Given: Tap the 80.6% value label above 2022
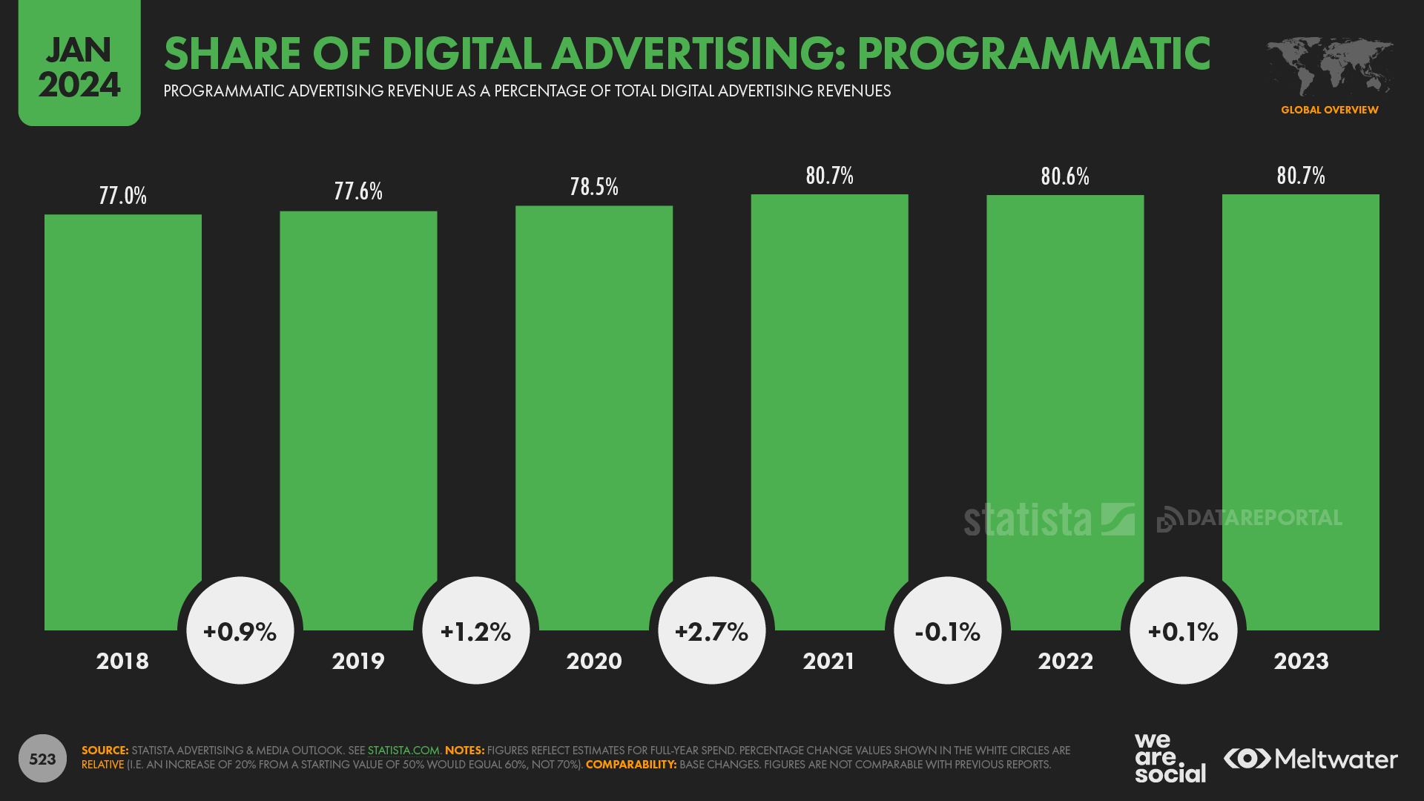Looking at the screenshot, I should click(x=1065, y=177).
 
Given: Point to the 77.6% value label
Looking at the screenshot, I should click(x=358, y=191).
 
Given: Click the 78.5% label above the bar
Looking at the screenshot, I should click(x=594, y=187).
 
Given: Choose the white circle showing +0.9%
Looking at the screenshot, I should click(x=240, y=631).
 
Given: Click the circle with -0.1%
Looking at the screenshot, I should click(x=948, y=631).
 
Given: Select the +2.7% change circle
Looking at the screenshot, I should click(x=712, y=631).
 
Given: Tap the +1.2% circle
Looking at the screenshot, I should click(x=475, y=631).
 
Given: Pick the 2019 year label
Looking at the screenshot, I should click(x=358, y=661).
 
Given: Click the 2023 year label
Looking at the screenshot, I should click(x=1301, y=661).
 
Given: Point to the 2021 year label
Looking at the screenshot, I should click(x=829, y=661).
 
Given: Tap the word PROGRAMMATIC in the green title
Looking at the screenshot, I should click(x=1034, y=53).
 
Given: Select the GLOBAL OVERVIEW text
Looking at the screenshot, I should click(x=1329, y=110).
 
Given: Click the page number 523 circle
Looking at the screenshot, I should click(x=42, y=759).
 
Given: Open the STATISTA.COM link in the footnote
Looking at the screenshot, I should click(x=403, y=751).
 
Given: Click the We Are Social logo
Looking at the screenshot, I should click(x=1169, y=758).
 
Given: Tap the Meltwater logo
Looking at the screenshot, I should click(x=1311, y=759).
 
